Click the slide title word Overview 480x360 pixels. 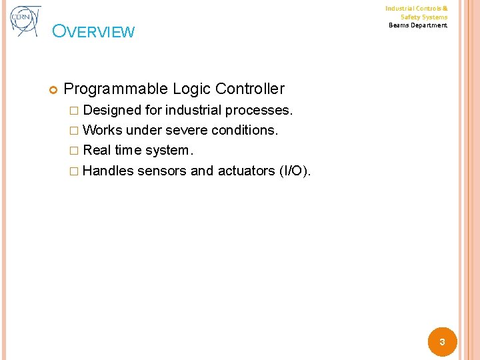pyautogui.click(x=93, y=32)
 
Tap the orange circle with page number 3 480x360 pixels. pyautogui.click(x=441, y=342)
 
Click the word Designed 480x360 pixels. pyautogui.click(x=113, y=109)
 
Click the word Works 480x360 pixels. pyautogui.click(x=103, y=130)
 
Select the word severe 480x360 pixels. pyautogui.click(x=185, y=130)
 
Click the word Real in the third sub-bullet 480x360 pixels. pyautogui.click(x=97, y=151)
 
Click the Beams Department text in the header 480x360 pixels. pyautogui.click(x=418, y=25)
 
